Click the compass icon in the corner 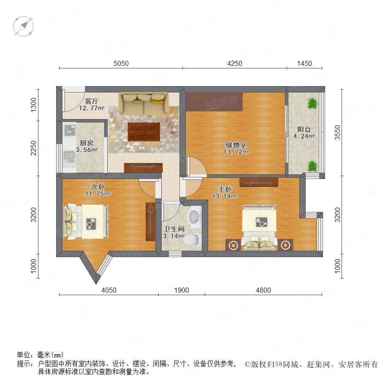click(23, 27)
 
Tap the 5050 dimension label click(121, 63)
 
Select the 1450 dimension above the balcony click(304, 63)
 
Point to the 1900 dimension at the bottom click(182, 290)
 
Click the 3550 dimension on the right click(337, 133)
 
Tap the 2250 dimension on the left click(33, 148)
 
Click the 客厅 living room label click(92, 101)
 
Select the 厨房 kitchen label click(87, 143)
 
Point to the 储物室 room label click(236, 145)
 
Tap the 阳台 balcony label click(304, 130)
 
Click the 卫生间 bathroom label click(174, 229)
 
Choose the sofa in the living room click(144, 104)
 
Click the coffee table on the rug click(144, 132)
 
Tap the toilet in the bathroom click(193, 239)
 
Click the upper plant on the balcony click(312, 103)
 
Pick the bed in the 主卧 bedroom click(260, 227)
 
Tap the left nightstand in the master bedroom click(233, 245)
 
